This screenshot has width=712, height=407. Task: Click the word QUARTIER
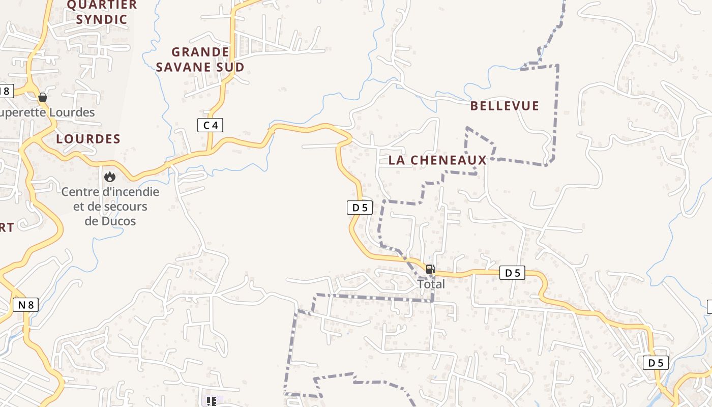102,5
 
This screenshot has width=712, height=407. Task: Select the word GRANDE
200,52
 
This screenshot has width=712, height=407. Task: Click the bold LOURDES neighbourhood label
88,139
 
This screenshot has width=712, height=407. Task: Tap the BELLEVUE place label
505,106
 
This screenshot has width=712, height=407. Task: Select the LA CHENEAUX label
437,160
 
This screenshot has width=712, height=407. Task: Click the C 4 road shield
210,125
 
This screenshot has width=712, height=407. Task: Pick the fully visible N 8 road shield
25,305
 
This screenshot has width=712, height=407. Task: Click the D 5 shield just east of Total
512,273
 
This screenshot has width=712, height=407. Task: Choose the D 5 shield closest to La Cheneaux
360,208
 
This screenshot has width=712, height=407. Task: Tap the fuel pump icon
430,269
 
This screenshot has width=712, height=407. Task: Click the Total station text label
431,284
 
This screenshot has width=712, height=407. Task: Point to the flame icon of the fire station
109,177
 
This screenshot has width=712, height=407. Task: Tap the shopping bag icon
43,97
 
